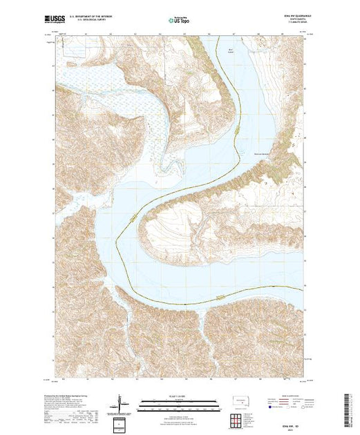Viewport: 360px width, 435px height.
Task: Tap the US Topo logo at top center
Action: pos(179,21)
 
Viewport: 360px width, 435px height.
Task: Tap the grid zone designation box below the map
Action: pos(120,423)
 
